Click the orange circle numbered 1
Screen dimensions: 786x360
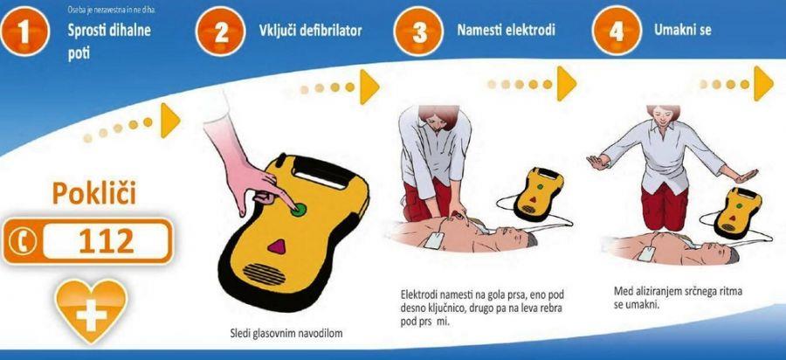(24, 31)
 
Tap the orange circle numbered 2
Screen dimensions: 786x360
(221, 31)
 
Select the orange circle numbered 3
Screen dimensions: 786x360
(418, 31)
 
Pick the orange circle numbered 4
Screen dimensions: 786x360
(617, 31)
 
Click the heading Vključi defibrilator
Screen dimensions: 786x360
(310, 31)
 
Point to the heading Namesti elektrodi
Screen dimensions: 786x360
(506, 30)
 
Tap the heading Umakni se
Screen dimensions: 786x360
(682, 30)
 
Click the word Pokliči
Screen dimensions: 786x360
(93, 193)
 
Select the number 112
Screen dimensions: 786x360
(107, 242)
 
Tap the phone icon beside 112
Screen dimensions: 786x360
(23, 242)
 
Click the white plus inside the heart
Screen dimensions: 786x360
(91, 314)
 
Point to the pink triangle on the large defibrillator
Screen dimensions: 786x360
(276, 246)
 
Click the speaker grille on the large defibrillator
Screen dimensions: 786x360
(264, 274)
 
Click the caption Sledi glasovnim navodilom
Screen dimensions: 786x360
(286, 332)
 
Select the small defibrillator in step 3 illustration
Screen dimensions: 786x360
(538, 193)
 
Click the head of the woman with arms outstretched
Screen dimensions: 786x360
(663, 116)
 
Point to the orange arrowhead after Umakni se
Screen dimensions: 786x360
(763, 83)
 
